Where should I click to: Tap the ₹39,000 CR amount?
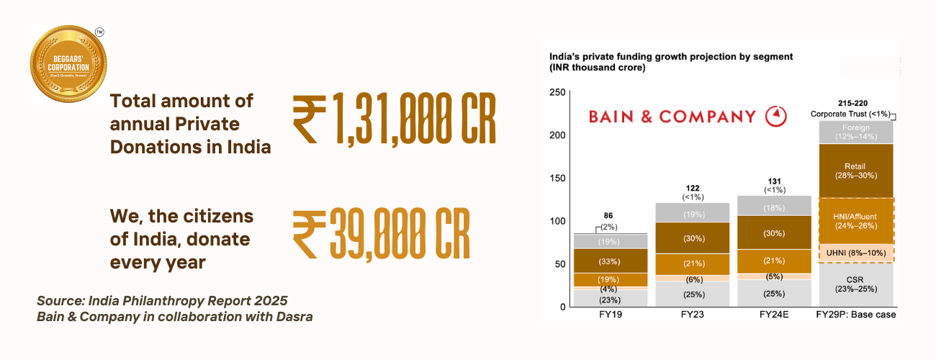382,234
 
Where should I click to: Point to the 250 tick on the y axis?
557,92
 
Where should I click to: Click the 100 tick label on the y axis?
557,221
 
